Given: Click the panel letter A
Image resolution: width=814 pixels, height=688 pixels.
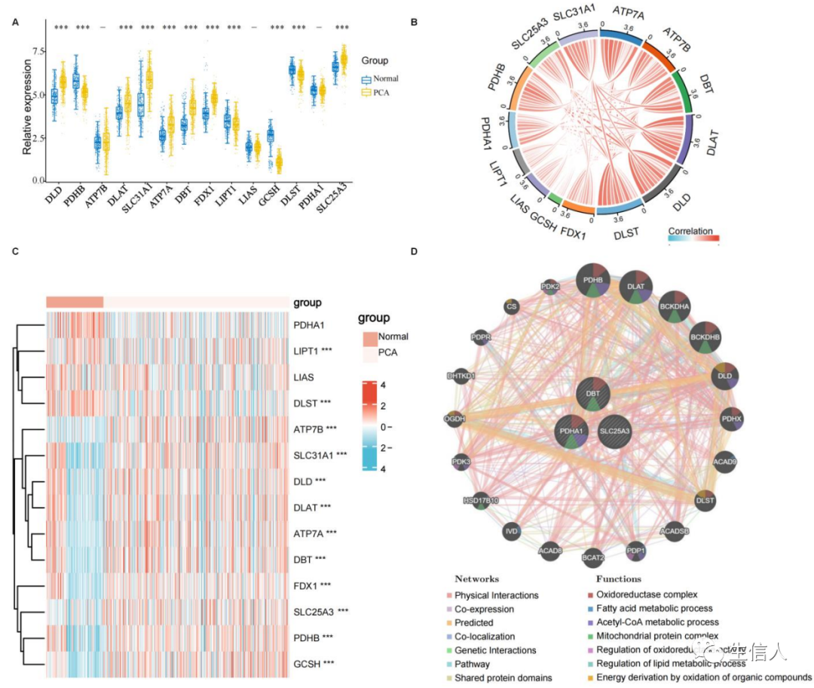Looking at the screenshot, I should [16, 23].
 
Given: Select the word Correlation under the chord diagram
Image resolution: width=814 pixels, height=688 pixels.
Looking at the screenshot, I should [690, 231].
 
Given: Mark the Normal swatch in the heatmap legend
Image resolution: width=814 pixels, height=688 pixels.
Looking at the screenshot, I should [369, 336].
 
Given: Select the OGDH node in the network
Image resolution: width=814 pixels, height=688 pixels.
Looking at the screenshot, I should [454, 417].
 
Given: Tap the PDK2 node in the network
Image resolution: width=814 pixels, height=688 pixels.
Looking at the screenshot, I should [551, 287].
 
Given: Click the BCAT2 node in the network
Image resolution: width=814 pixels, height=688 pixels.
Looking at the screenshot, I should [592, 557].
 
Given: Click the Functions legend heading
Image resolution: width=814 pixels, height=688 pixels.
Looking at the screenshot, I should [618, 579].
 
